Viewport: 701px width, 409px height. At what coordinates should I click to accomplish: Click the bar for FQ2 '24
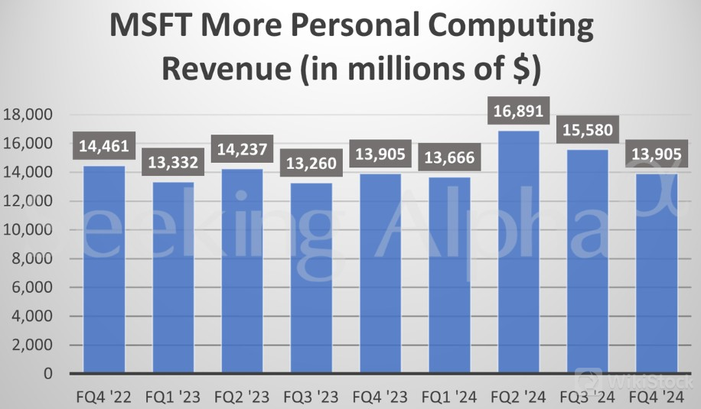(518, 252)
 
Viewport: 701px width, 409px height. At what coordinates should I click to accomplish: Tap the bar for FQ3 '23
(311, 278)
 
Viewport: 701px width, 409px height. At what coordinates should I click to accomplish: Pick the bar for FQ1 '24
(449, 275)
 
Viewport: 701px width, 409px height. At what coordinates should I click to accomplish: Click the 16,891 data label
(518, 112)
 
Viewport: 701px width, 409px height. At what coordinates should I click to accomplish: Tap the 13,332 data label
(173, 163)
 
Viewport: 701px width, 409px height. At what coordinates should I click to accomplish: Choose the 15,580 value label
(587, 131)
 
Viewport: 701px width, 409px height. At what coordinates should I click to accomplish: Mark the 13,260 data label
(311, 164)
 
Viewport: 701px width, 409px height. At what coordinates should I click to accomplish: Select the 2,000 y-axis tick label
(31, 345)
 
